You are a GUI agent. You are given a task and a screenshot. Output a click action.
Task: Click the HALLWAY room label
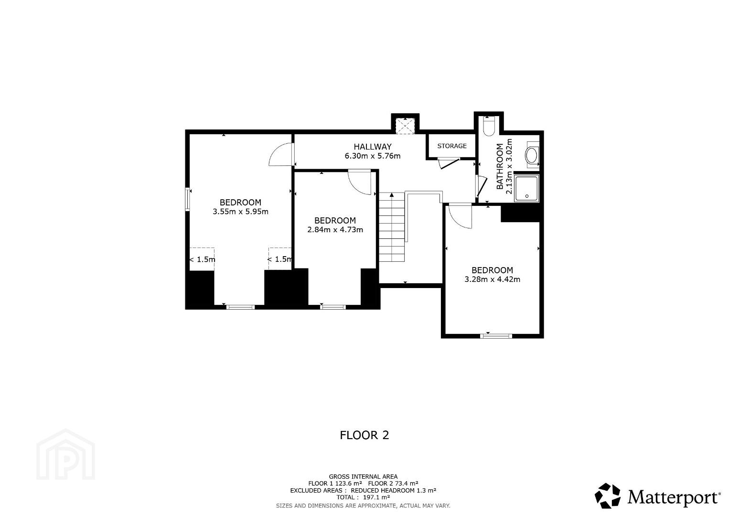[372, 147]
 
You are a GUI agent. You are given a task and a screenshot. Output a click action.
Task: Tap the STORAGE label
[452, 146]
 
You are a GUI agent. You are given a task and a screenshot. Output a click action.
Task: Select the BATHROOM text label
[500, 166]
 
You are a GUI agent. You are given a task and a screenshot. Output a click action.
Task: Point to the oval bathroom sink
[532, 156]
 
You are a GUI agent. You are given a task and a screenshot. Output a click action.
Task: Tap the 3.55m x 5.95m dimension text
[240, 212]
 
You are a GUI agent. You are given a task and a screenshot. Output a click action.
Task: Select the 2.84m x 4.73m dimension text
[335, 229]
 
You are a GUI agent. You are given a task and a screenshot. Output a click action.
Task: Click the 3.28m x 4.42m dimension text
[492, 279]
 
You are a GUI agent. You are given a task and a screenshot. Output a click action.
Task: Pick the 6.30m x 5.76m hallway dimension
[372, 156]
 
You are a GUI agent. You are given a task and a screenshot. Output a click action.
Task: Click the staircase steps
[392, 227]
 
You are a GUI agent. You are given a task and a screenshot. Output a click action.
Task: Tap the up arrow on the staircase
[392, 194]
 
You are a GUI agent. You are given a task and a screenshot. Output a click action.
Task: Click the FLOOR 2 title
[364, 435]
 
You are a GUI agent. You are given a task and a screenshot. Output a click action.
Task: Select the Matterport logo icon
[607, 496]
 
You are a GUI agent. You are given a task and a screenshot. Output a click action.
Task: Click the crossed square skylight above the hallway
[405, 126]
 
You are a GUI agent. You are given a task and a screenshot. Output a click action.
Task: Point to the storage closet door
[449, 163]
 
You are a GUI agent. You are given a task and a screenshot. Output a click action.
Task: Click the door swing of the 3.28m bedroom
[460, 215]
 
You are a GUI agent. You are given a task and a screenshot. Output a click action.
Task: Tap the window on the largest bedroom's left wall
[187, 199]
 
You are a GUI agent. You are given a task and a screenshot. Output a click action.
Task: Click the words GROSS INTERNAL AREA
[363, 477]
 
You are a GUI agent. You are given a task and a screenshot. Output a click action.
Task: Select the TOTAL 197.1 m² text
[363, 497]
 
